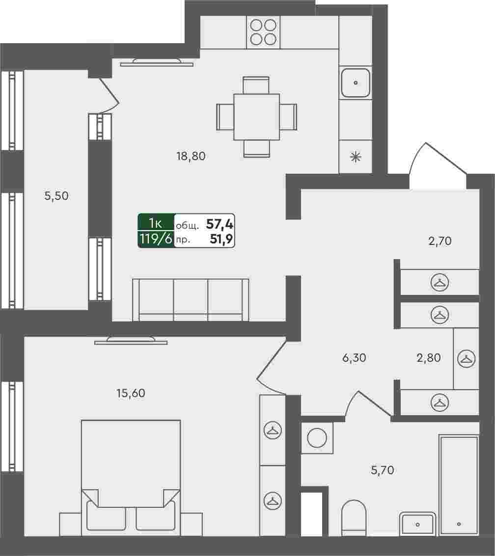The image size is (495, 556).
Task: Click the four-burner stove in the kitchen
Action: [263, 32]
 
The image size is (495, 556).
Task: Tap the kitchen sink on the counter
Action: [356, 83]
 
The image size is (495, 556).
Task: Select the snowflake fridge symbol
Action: [356, 157]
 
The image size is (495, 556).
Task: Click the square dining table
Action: [256, 117]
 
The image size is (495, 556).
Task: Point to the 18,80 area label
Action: [191, 156]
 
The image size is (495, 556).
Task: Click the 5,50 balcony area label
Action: [56, 196]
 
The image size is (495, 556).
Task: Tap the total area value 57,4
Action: [220, 224]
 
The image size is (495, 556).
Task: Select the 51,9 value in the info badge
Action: [221, 239]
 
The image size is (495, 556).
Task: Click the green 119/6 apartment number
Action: [156, 239]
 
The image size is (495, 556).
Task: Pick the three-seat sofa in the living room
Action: [191, 300]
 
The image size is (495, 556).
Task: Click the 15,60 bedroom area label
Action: [131, 393]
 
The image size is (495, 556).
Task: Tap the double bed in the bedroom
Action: [131, 477]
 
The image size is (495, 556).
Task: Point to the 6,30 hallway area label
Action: [354, 358]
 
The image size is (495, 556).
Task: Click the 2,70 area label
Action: [440, 241]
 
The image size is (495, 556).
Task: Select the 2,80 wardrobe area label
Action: [429, 358]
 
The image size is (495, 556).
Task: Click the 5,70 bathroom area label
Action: [382, 470]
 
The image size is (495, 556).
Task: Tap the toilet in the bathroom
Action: [354, 518]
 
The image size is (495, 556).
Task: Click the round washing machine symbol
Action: [317, 438]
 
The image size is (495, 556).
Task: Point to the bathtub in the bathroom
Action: [459, 485]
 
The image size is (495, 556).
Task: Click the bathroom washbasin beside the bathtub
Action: [417, 524]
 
